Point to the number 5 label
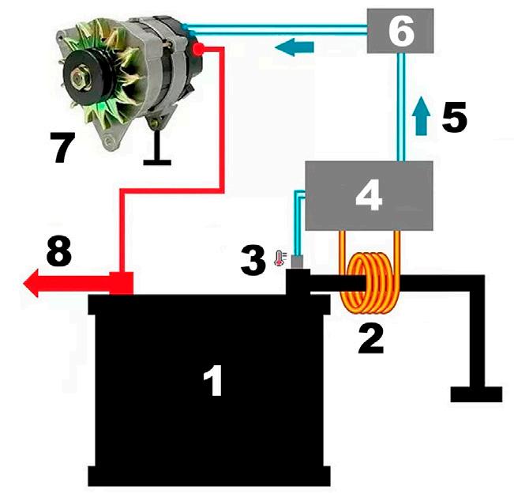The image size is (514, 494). click(x=454, y=118)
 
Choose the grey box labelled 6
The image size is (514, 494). click(x=400, y=32)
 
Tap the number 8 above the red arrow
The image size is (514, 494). click(x=58, y=253)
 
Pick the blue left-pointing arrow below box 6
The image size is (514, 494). click(x=295, y=48)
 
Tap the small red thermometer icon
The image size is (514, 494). click(x=278, y=257)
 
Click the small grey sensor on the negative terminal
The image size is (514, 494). click(x=298, y=262)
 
